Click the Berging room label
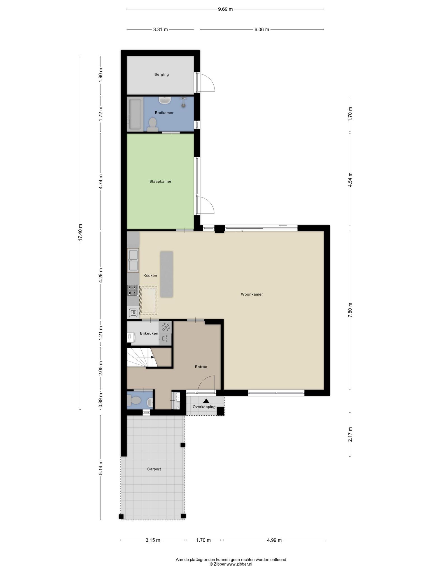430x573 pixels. (162, 74)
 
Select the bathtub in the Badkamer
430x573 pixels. (135, 114)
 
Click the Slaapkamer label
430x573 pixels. (160, 181)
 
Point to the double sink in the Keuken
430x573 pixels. (133, 260)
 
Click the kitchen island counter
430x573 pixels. (167, 274)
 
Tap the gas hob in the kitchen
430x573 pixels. (133, 290)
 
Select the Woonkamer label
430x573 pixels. (252, 294)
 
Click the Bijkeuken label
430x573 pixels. (149, 333)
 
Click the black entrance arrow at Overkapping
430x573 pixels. (206, 401)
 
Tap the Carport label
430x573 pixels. (154, 469)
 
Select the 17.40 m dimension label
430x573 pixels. (80, 233)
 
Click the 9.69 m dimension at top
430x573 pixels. (225, 9)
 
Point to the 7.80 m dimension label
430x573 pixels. (350, 310)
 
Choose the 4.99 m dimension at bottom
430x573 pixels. (274, 540)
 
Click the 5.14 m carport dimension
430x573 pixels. (101, 468)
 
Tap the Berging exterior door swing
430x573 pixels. (206, 82)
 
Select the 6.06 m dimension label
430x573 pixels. (262, 29)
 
